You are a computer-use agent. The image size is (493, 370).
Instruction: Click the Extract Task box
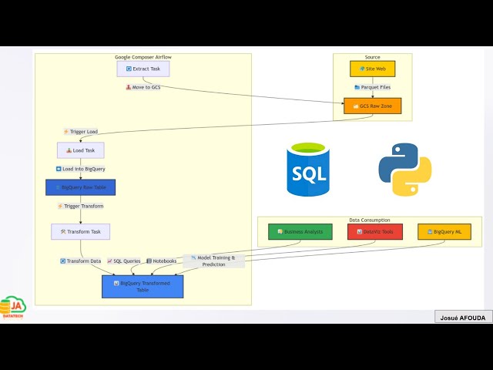pyautogui.click(x=143, y=69)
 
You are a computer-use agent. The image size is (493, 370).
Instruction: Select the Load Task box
pyautogui.click(x=80, y=150)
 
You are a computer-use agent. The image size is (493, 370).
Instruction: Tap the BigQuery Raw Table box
pyautogui.click(x=80, y=187)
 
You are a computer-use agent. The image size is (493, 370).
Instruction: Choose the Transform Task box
pyautogui.click(x=80, y=231)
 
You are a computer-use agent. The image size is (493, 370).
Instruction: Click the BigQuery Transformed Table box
pyautogui.click(x=143, y=287)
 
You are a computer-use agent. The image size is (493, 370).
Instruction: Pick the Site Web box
pyautogui.click(x=373, y=69)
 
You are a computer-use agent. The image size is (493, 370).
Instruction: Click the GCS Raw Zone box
pyautogui.click(x=373, y=106)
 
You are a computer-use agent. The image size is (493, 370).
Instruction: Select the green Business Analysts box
pyautogui.click(x=300, y=231)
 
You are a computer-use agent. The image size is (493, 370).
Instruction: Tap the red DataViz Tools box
pyautogui.click(x=374, y=231)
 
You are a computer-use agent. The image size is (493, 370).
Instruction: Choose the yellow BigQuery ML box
pyautogui.click(x=444, y=231)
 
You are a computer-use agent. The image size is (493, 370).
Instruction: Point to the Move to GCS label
pyautogui.click(x=143, y=87)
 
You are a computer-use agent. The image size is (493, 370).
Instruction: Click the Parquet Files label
pyautogui.click(x=373, y=87)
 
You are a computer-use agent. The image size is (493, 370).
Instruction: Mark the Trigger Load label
pyautogui.click(x=81, y=132)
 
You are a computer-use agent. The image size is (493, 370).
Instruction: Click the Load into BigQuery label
pyautogui.click(x=81, y=169)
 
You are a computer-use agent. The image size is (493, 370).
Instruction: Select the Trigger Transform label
pyautogui.click(x=81, y=206)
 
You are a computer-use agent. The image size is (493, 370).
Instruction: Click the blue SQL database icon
pyautogui.click(x=308, y=169)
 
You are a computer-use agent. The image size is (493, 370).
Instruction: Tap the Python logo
pyautogui.click(x=405, y=169)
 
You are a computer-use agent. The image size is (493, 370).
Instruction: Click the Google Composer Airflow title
pyautogui.click(x=143, y=57)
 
